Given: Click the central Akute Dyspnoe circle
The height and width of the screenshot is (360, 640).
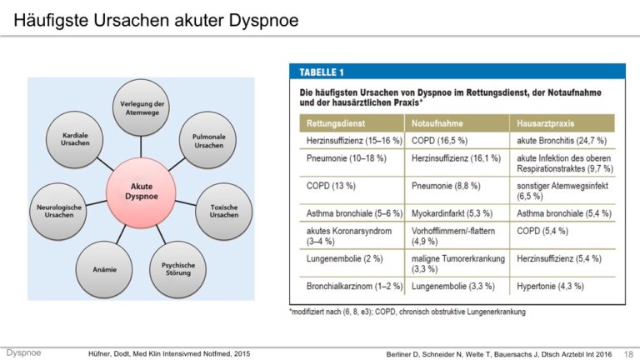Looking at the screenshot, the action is tap(141, 192).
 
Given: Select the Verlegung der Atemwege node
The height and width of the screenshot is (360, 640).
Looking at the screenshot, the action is tap(141, 107).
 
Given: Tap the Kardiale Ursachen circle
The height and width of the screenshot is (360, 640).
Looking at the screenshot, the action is tap(75, 139).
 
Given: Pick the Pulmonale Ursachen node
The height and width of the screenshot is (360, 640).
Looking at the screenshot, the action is tap(208, 140).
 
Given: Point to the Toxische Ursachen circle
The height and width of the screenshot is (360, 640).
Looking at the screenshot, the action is tap(223, 211).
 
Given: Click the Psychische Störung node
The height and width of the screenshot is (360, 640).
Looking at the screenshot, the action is tap(178, 269).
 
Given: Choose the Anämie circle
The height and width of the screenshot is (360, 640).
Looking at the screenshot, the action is tap(104, 269).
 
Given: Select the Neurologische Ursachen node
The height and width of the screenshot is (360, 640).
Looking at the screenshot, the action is tap(59, 211).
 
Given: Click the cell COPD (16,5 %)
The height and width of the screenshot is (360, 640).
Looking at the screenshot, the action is tap(439, 141).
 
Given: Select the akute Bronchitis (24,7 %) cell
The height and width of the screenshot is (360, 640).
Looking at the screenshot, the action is tap(562, 141).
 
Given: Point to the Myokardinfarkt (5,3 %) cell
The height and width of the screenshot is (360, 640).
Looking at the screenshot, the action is tap(452, 213).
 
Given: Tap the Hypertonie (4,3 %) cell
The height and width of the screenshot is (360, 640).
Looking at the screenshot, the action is tap(550, 286).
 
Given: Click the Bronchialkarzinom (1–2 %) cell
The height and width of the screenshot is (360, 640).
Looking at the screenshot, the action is tap(354, 286).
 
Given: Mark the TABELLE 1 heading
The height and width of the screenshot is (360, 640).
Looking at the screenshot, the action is tap(322, 72).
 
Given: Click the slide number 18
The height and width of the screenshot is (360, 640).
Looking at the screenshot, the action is tap(628, 354).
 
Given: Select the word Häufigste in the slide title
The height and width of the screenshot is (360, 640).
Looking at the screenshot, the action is tap(51, 20).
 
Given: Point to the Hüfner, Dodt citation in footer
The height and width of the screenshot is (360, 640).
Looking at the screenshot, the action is tap(169, 353).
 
